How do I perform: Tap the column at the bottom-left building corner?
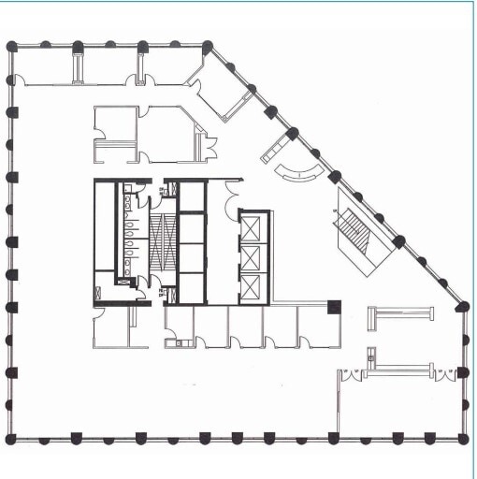click(11, 438)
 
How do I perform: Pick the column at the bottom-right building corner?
click(462, 438)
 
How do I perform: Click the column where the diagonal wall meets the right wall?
click(461, 306)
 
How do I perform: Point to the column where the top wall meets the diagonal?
click(208, 46)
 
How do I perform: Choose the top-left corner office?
click(43, 65)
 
